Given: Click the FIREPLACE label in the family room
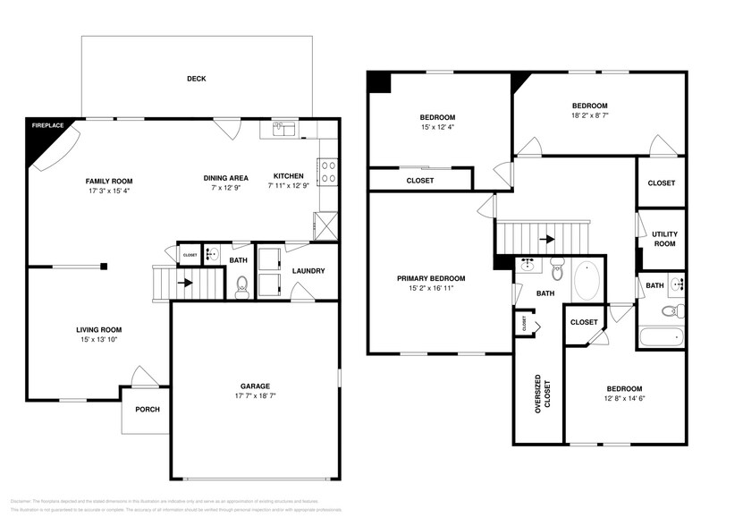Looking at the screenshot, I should pos(47,126).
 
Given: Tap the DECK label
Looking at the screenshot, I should pos(197,79).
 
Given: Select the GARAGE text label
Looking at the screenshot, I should pos(256,386).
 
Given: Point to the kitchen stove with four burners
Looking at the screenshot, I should pos(327,171).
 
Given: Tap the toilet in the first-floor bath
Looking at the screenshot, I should pos(241,285).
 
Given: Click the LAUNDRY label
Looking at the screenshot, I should pos(308,271).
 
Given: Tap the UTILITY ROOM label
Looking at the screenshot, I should pos(663,238).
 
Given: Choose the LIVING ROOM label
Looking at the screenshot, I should pos(98,329).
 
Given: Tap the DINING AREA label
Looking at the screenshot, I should pos(225,176).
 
